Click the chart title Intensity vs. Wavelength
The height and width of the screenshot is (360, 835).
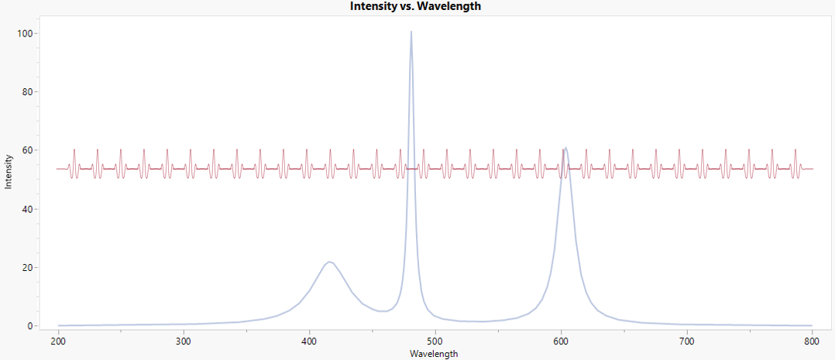coord(416,6)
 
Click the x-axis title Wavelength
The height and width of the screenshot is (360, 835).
coord(435,354)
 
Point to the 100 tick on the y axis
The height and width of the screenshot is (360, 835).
coord(30,34)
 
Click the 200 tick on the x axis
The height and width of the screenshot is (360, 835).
coord(58,340)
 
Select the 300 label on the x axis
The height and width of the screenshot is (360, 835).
coord(184,340)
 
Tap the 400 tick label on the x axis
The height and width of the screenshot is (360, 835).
coord(309,340)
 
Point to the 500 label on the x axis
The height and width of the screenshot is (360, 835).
coord(435,340)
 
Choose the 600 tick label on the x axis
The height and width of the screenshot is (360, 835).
coord(561,340)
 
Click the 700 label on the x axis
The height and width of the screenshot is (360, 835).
coord(686,340)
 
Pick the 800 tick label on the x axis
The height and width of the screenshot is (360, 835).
coord(812,340)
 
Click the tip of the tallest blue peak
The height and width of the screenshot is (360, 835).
coord(411,32)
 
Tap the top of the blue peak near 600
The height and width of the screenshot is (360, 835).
coord(566,148)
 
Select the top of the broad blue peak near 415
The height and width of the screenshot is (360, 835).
coord(329,262)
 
